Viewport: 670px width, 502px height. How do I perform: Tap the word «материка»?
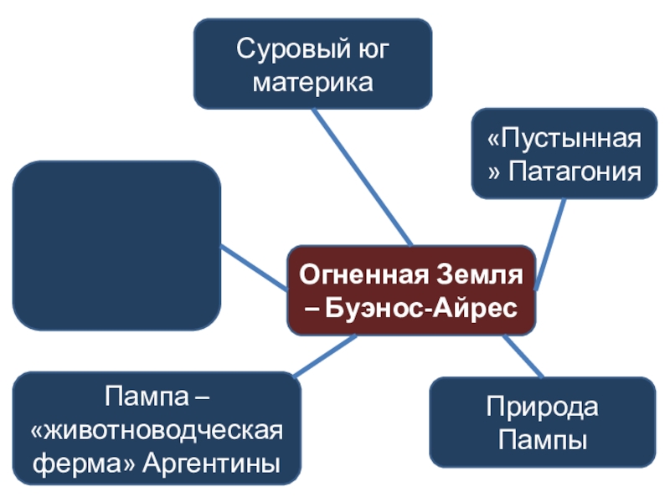pos(313,83)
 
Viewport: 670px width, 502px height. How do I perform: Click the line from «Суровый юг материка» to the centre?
pos(360,177)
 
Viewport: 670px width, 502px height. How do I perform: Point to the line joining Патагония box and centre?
pos(549,243)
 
